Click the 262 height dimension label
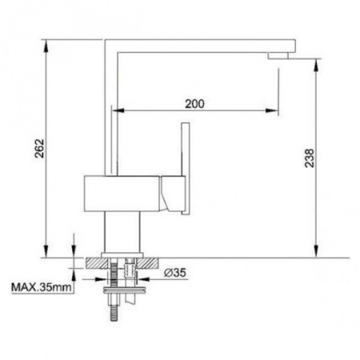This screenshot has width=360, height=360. pyautogui.click(x=40, y=148)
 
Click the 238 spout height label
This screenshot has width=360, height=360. pyautogui.click(x=310, y=158)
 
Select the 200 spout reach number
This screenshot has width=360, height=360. pyautogui.click(x=194, y=104)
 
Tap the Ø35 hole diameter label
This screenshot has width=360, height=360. pyautogui.click(x=175, y=273)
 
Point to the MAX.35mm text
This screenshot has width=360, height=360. pyautogui.click(x=42, y=287)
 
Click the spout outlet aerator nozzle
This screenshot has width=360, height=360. pyautogui.click(x=278, y=55)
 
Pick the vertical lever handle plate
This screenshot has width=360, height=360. pyautogui.click(x=186, y=168)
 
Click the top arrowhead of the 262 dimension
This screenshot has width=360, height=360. pyautogui.click(x=46, y=46)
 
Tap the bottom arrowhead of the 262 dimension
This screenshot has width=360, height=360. pyautogui.click(x=46, y=252)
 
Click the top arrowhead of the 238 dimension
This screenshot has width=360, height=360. pyautogui.click(x=316, y=65)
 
